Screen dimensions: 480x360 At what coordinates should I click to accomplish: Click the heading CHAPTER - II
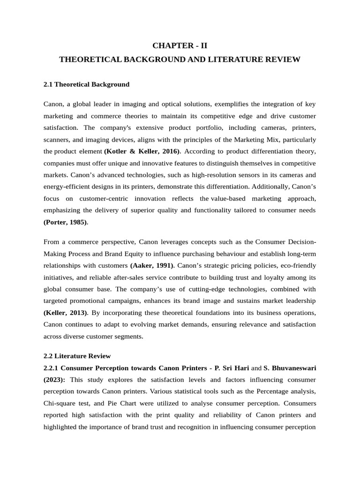180,45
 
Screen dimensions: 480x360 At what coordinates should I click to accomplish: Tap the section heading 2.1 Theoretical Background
86,84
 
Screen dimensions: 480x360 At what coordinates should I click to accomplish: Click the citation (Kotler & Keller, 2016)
142,151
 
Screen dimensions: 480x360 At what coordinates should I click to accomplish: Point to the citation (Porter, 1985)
65,222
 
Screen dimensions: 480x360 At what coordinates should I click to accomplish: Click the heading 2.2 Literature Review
77,356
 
